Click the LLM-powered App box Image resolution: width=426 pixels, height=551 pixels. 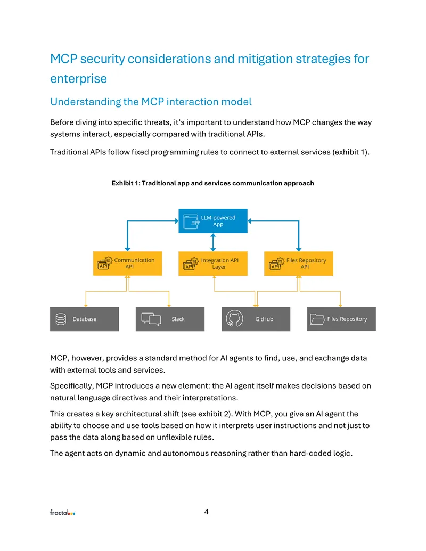coord(212,221)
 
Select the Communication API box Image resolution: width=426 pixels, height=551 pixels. coord(127,263)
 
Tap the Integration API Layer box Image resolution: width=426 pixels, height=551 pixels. coord(212,263)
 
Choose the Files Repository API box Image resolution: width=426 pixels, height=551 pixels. coord(298,263)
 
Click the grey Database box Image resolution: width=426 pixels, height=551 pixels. coord(84,319)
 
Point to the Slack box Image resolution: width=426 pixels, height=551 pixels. coord(170,319)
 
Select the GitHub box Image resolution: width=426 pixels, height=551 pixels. coord(256,319)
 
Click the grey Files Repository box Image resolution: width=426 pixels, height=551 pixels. coord(341,319)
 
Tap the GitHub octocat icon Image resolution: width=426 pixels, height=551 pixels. coord(234,319)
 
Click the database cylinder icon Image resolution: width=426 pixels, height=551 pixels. coord(61,319)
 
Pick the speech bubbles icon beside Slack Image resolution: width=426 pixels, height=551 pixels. coord(151,319)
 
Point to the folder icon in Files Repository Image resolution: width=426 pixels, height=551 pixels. coord(317,319)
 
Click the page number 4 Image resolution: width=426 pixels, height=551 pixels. coord(206,512)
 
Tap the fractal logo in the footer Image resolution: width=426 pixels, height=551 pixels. coord(62,512)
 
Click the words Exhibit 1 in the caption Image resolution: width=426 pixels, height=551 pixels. coord(126,183)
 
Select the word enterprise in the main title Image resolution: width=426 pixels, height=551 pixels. coord(78,79)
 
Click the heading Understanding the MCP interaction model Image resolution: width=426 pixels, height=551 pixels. coord(151,102)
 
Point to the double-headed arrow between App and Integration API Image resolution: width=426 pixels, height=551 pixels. coord(213,242)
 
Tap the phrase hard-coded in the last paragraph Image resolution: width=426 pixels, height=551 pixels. coord(310,453)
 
